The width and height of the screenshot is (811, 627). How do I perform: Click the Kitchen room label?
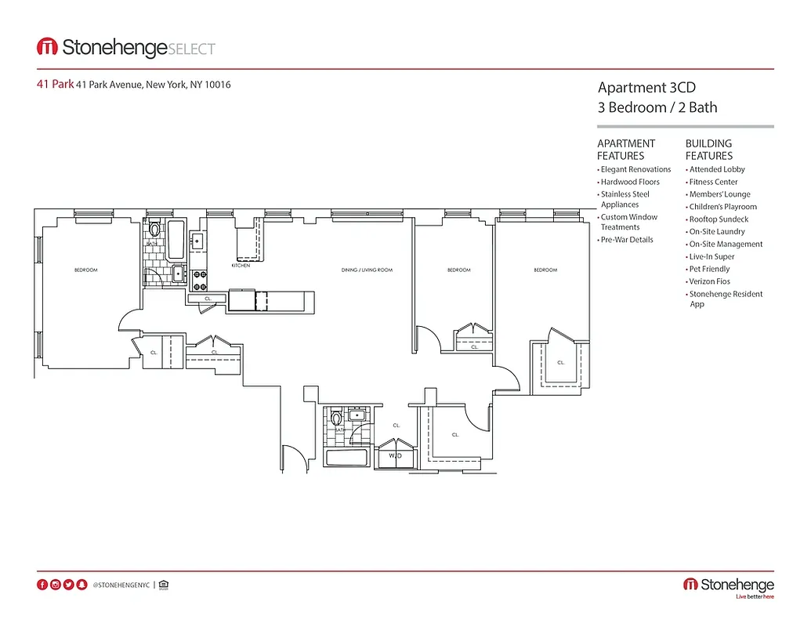241,266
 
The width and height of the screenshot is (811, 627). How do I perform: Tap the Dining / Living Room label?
367,270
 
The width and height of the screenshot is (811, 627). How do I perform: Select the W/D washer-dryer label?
396,455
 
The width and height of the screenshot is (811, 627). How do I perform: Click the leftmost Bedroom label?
85,270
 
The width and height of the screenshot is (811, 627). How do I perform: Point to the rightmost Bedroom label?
545,270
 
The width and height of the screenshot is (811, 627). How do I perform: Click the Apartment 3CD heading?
646,88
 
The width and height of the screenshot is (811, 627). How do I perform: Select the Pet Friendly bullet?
709,269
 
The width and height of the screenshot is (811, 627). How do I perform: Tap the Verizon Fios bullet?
709,281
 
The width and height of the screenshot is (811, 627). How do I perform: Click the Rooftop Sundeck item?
719,219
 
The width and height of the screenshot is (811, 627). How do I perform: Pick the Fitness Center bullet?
713,182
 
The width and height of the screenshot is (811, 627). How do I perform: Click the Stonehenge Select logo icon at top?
47,47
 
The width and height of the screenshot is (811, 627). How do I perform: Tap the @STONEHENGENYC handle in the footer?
121,585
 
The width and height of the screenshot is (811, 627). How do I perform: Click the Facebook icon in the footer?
42,585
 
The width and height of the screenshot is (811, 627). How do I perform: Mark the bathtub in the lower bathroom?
347,459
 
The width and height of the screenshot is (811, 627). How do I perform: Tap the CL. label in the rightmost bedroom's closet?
561,362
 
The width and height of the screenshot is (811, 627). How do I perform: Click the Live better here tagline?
754,597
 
